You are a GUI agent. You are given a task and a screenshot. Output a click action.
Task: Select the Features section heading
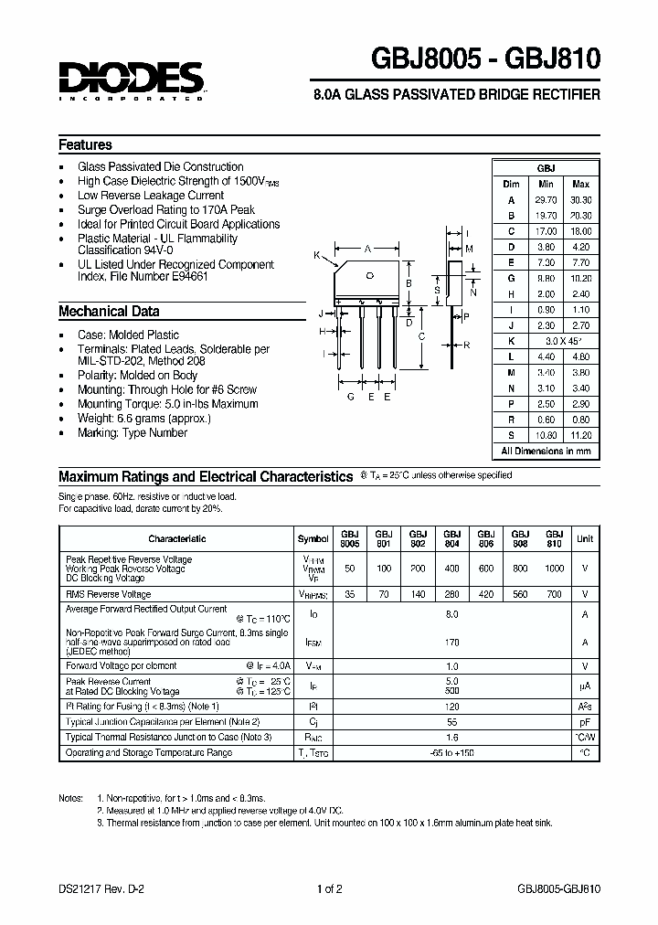[x=85, y=144]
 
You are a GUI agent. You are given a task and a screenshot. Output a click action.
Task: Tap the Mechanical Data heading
[x=109, y=312]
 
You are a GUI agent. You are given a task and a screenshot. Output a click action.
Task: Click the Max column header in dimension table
[x=580, y=184]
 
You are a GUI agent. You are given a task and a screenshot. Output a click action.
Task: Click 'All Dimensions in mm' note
[x=546, y=451]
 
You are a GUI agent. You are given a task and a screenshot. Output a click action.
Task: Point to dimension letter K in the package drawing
[x=317, y=255]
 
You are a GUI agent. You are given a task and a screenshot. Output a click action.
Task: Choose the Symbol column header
[x=313, y=538]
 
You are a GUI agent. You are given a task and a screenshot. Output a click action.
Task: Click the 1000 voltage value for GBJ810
[x=554, y=568]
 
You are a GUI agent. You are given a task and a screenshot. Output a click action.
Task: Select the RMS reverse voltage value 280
[x=451, y=593]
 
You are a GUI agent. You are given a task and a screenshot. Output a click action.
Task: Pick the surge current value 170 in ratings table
[x=451, y=643]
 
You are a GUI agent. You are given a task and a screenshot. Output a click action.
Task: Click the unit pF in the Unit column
[x=584, y=720]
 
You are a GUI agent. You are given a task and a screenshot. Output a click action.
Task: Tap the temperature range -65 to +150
[x=451, y=752]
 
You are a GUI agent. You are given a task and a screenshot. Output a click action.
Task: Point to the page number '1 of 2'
[x=329, y=888]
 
